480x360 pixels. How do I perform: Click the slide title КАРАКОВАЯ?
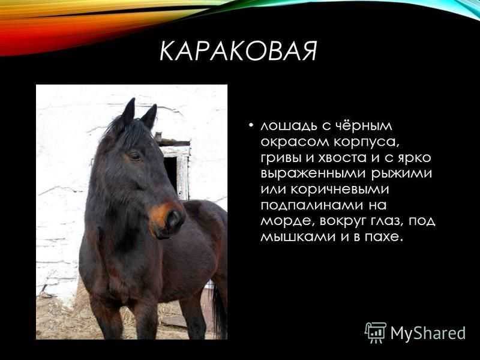tap(238, 51)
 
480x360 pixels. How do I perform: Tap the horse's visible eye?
tap(134, 156)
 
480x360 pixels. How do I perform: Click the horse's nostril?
tap(173, 218)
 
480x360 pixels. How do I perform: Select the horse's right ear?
tap(149, 116)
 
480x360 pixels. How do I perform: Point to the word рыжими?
tap(401, 174)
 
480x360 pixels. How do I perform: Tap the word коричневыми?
tap(340, 190)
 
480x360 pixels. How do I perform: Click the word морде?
tap(288, 221)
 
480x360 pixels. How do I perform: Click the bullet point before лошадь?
tap(251, 126)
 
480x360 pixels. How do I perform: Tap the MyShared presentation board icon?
tap(376, 332)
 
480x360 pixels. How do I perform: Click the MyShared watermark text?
tap(428, 333)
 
